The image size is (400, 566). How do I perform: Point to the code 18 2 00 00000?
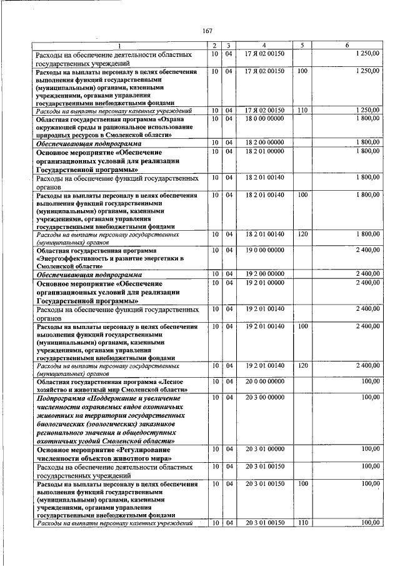pyautogui.click(x=264, y=143)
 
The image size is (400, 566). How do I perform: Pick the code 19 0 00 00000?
pyautogui.click(x=264, y=250)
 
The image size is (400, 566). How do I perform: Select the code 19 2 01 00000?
pyautogui.click(x=264, y=283)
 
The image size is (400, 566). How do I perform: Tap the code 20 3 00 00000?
pyautogui.click(x=264, y=397)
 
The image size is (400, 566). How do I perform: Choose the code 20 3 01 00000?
pyautogui.click(x=264, y=449)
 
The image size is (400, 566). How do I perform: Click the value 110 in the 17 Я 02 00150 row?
pyautogui.click(x=302, y=111)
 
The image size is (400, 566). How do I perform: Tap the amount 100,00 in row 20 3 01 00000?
pyautogui.click(x=371, y=449)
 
